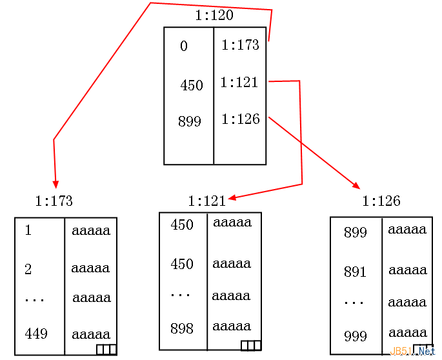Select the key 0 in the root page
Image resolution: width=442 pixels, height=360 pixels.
(184, 46)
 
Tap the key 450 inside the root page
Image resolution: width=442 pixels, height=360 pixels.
(192, 85)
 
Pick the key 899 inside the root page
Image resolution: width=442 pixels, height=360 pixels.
(190, 121)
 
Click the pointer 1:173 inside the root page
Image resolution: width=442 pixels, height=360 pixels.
(240, 45)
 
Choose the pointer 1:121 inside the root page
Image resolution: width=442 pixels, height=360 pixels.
(239, 83)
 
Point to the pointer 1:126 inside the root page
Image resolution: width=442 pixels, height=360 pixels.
(241, 119)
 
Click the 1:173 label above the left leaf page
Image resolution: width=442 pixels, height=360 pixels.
(54, 201)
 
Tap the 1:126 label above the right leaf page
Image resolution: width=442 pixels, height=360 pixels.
(381, 201)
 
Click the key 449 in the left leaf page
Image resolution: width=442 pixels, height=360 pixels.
(36, 334)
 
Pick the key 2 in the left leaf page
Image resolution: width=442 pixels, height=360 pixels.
(28, 270)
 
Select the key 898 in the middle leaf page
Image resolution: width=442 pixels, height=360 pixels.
(182, 328)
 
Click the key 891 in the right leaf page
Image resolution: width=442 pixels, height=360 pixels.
(355, 272)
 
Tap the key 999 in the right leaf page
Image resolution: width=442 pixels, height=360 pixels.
(356, 336)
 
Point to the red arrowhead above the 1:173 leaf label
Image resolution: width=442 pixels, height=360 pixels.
(56, 185)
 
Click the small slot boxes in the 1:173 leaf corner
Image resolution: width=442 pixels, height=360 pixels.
(106, 350)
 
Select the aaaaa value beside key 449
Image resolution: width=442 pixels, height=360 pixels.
(91, 335)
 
